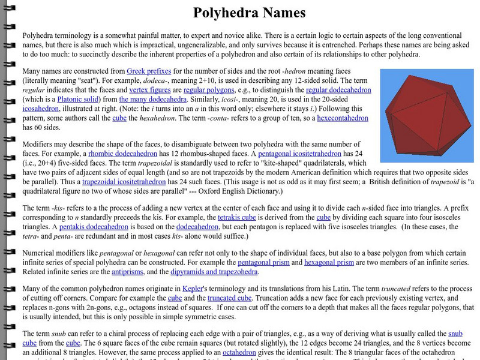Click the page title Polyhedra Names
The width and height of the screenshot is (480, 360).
point(249,13)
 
